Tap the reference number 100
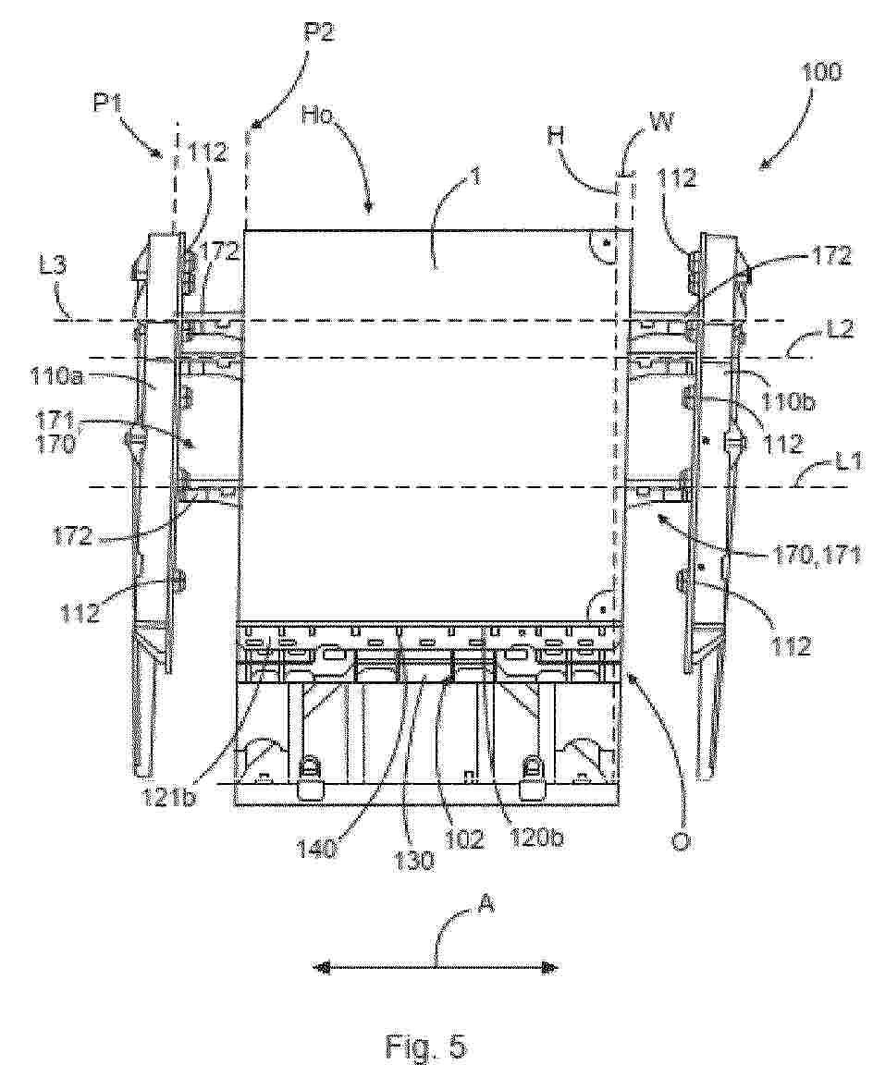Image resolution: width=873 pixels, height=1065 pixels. pyautogui.click(x=822, y=73)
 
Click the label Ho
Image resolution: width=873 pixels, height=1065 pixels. pyautogui.click(x=316, y=116)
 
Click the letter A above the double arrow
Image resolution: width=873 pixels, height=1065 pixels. pyautogui.click(x=486, y=905)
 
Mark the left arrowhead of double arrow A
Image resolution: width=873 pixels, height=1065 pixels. pyautogui.click(x=318, y=967)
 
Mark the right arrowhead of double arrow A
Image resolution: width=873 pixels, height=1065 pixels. pyautogui.click(x=552, y=967)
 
